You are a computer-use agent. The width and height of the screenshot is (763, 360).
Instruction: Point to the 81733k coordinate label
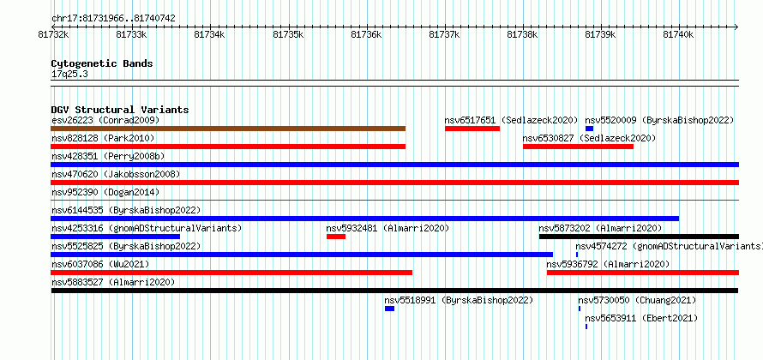click(x=131, y=34)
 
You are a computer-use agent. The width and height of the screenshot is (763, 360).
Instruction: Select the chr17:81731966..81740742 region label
click(x=113, y=19)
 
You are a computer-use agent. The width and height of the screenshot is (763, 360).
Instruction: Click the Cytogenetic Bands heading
click(x=102, y=63)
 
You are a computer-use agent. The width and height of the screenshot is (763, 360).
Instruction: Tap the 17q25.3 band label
click(x=69, y=75)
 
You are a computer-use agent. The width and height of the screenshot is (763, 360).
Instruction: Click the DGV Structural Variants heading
click(x=120, y=110)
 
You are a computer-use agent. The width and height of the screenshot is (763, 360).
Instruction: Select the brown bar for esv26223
click(x=228, y=129)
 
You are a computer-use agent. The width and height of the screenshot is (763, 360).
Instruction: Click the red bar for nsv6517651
click(x=472, y=129)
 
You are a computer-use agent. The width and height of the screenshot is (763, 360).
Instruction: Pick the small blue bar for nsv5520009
click(x=589, y=129)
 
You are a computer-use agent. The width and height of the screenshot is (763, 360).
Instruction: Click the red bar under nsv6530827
click(x=578, y=147)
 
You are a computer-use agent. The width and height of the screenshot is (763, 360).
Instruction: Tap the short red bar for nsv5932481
click(x=336, y=237)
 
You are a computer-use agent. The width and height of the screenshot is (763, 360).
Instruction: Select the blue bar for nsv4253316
click(x=116, y=237)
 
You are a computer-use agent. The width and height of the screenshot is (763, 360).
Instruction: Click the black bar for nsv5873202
click(x=639, y=237)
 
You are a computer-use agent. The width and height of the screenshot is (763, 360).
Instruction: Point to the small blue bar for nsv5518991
click(x=389, y=309)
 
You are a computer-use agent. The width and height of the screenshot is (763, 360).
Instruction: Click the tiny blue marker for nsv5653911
click(x=586, y=327)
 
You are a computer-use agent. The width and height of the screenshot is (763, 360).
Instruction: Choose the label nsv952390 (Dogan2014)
click(x=105, y=192)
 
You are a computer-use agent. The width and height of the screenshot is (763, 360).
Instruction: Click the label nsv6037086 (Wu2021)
click(x=100, y=264)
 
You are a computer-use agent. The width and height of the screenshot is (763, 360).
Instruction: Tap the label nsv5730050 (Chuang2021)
click(x=637, y=300)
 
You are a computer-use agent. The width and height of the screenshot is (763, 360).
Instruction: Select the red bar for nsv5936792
click(x=643, y=273)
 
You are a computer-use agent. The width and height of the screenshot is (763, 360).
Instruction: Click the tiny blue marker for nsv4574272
click(x=577, y=255)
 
